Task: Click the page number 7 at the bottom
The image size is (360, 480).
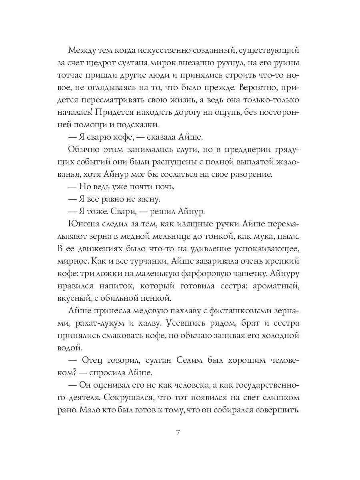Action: (180, 434)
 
